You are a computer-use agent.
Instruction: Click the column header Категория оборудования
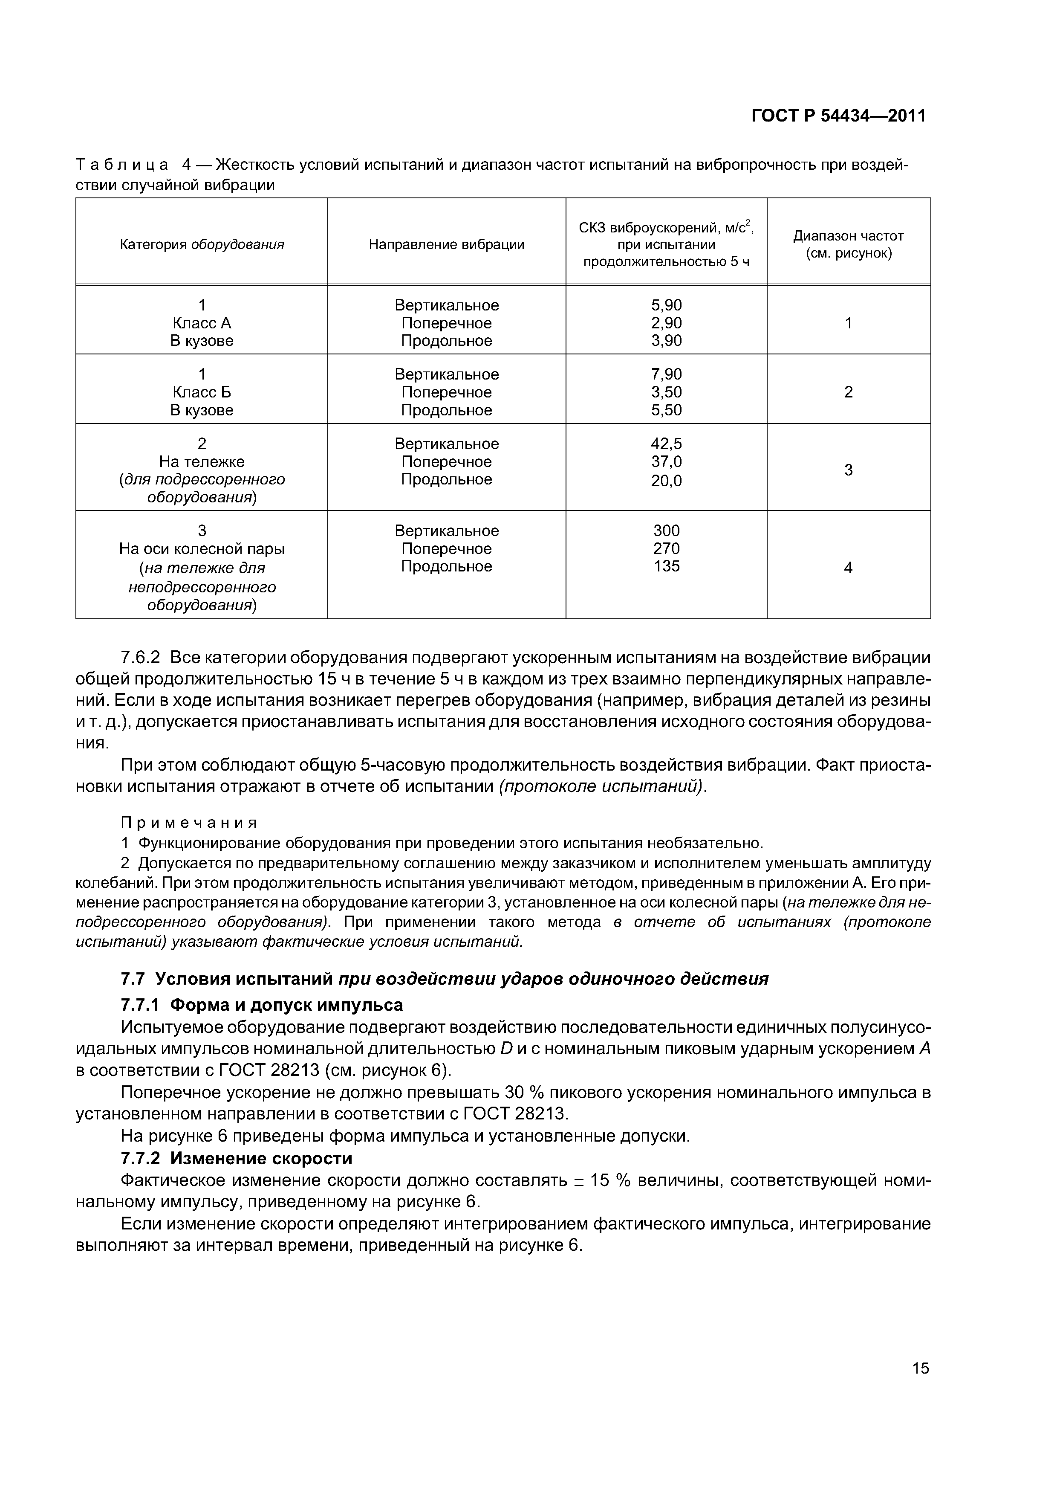pos(202,244)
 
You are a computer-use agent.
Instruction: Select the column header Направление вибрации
pos(446,244)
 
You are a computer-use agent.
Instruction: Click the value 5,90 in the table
pos(666,305)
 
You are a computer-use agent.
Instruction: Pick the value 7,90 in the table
pos(666,374)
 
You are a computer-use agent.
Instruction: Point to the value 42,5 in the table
pos(666,444)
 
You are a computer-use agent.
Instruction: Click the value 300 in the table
pos(666,531)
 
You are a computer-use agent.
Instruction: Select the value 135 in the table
pos(666,566)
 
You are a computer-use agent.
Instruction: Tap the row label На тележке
pos(202,461)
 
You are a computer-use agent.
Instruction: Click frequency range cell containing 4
pos(848,568)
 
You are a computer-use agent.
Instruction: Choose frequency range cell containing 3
pos(848,470)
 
